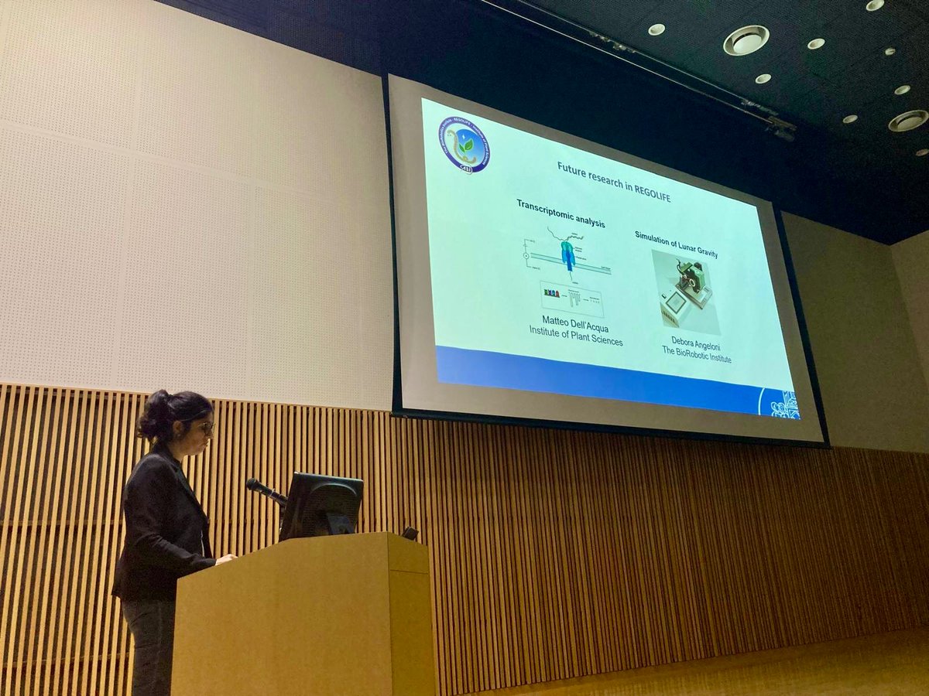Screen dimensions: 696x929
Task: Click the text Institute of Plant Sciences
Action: (x=575, y=341)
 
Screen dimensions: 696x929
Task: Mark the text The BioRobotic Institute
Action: (x=696, y=358)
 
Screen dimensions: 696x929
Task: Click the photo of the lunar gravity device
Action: (x=685, y=292)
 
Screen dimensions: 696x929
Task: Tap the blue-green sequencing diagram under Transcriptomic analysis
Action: (x=569, y=256)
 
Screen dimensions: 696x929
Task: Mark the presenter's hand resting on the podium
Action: (x=225, y=558)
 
